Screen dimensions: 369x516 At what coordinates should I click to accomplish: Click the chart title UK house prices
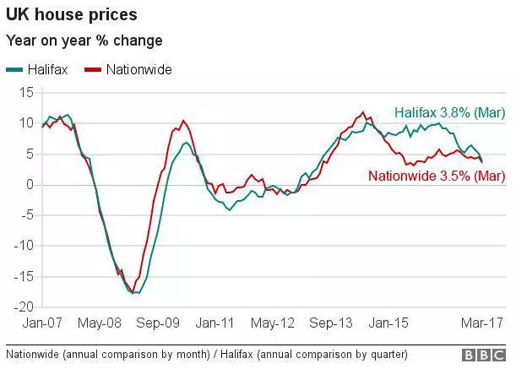click(x=72, y=15)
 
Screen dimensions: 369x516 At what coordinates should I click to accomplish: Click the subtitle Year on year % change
click(x=84, y=41)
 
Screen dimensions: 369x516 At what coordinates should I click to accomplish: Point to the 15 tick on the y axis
click(x=27, y=93)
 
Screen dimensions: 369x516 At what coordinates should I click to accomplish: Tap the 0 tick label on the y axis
click(x=30, y=185)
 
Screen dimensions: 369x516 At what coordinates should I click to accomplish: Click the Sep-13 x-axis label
click(x=330, y=323)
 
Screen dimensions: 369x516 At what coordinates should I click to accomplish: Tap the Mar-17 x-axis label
click(x=482, y=323)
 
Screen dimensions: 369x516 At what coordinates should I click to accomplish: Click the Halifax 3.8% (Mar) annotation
click(x=448, y=113)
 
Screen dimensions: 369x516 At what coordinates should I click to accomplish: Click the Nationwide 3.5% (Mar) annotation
click(x=436, y=176)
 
